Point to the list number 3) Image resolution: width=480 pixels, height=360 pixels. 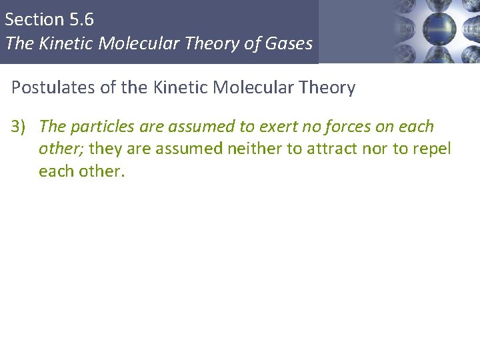[x=20, y=127]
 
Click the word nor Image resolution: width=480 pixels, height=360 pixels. [x=382, y=148]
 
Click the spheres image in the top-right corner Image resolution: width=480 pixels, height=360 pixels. [x=433, y=31]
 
